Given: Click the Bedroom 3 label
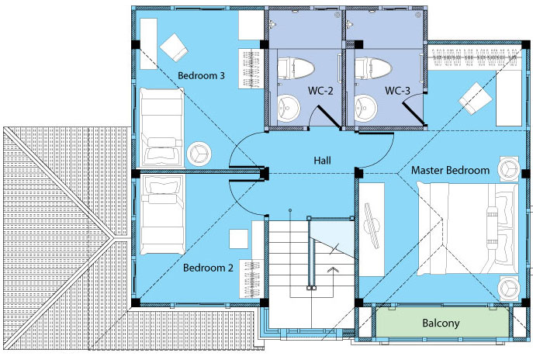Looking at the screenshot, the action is (x=201, y=75).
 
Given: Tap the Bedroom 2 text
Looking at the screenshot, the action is (x=208, y=268).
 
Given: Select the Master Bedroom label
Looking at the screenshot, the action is (x=450, y=170).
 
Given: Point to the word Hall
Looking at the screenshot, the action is (x=322, y=160).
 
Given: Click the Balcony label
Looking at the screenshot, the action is (x=441, y=323).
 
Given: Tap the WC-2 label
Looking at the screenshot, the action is (x=320, y=91).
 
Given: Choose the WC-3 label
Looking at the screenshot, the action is (x=397, y=91).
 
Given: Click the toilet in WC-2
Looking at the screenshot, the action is (x=295, y=68).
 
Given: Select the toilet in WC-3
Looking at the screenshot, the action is (x=372, y=68).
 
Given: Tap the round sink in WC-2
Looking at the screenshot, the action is (x=289, y=108).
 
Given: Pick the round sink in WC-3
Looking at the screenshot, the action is (x=365, y=108).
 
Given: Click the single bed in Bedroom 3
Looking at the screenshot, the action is (x=162, y=127).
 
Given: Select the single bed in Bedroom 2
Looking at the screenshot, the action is (x=162, y=214).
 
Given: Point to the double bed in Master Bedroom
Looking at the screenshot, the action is (x=468, y=229).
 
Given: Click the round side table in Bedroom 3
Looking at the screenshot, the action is (x=199, y=154).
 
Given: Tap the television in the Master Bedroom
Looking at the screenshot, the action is (x=372, y=225).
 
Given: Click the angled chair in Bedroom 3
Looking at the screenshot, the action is (x=174, y=47).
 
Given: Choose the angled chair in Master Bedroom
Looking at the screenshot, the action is (x=476, y=99).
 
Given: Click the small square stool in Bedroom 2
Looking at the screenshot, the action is (x=239, y=239).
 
